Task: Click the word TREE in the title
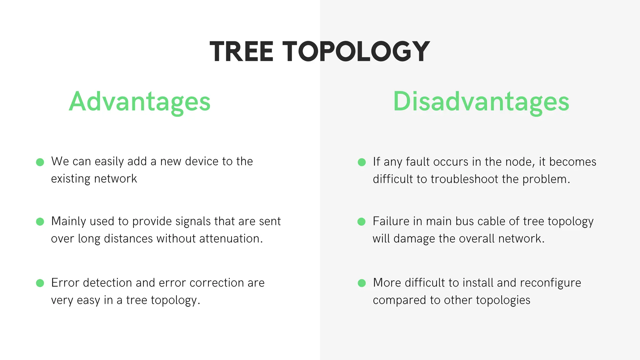pos(241,52)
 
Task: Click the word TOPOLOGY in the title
pos(356,52)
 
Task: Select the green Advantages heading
pos(140,102)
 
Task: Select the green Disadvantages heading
pos(481,102)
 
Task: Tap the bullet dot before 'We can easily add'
pos(40,162)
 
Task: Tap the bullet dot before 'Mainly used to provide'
pos(40,222)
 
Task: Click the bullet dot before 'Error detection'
pos(40,283)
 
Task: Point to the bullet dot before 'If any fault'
pos(362,162)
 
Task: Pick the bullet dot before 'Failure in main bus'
pos(362,222)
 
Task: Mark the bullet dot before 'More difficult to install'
pos(362,283)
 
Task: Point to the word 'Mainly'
pos(68,222)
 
